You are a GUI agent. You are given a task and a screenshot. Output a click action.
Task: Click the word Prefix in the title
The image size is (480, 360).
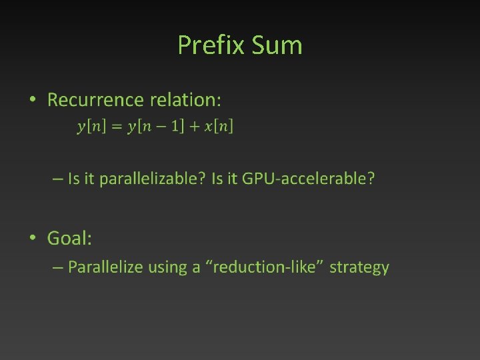[x=211, y=45]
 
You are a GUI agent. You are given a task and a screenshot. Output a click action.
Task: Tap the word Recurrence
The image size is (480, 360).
[x=95, y=100]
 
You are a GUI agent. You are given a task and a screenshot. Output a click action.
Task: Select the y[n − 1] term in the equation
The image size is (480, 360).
[x=155, y=126]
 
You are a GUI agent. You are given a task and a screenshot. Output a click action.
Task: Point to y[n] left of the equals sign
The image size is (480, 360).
[x=90, y=126]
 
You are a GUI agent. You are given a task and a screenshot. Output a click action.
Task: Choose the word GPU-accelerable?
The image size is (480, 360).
[x=308, y=179]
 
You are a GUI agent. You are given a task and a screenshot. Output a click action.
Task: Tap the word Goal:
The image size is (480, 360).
[x=69, y=238]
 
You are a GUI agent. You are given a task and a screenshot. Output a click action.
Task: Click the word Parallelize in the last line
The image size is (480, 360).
[x=105, y=268]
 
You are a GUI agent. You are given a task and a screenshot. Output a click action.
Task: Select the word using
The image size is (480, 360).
[x=167, y=268]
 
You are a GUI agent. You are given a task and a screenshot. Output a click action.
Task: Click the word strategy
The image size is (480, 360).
[x=359, y=268]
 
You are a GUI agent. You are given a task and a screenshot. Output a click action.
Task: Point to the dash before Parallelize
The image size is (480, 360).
[x=58, y=268]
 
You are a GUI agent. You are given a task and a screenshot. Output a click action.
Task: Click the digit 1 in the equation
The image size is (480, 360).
[x=177, y=126]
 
